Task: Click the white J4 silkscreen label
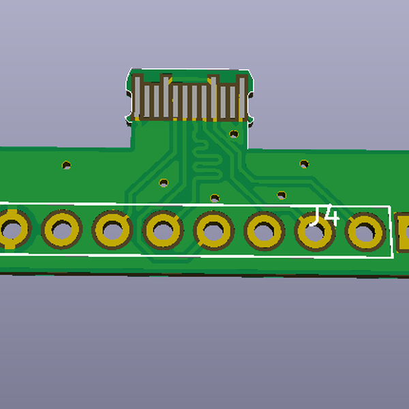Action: click(x=324, y=216)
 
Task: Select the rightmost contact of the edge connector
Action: click(x=241, y=97)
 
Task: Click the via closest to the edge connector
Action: click(x=234, y=134)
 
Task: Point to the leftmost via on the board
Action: click(x=67, y=164)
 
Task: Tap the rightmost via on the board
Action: click(x=303, y=164)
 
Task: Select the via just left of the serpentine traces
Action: click(x=164, y=183)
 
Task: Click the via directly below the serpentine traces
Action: click(x=215, y=198)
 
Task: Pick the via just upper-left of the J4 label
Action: click(x=281, y=195)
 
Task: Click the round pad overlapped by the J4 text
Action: click(x=314, y=231)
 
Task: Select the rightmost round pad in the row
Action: click(x=365, y=232)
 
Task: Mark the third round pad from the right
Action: click(x=264, y=231)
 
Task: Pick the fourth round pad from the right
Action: click(x=213, y=230)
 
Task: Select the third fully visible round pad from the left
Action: click(x=163, y=230)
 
